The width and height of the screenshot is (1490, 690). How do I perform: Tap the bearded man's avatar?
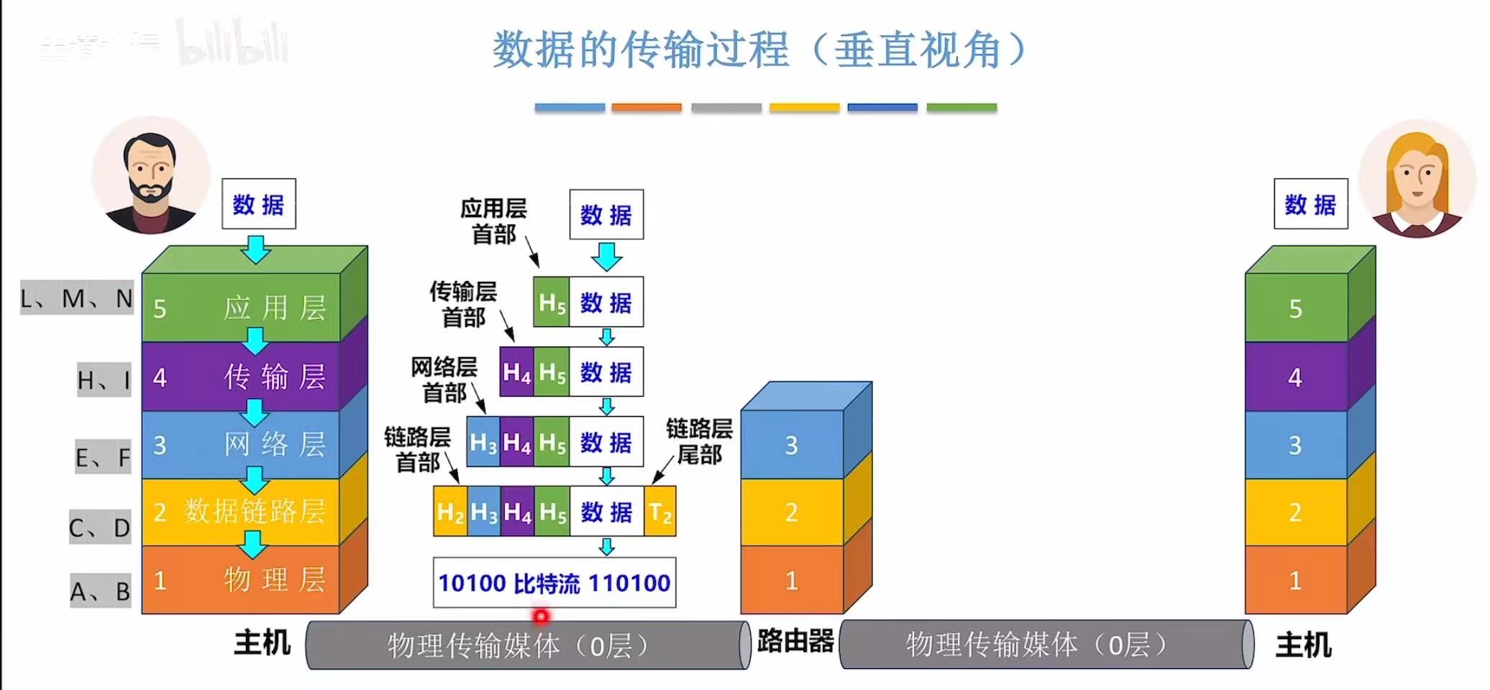pos(151,176)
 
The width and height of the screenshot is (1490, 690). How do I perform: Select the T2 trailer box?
pos(660,512)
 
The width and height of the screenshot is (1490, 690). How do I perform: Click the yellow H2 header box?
pos(450,512)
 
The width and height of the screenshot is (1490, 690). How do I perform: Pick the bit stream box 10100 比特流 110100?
pos(554,583)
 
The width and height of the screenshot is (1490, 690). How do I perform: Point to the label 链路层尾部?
pos(699,441)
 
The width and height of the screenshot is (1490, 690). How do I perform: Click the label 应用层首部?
pos(493,221)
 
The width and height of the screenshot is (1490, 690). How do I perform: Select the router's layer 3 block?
pos(792,445)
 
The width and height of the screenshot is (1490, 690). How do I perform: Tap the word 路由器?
pos(795,640)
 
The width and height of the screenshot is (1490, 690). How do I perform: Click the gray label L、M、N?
pos(77,298)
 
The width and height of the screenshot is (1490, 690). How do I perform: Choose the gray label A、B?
pos(101,591)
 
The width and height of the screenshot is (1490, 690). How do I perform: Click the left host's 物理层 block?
pos(241,580)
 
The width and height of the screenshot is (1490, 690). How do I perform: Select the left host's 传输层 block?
pos(241,377)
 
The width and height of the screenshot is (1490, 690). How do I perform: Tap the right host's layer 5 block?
pos(1296,308)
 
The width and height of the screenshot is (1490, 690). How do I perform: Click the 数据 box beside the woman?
pos(1310,204)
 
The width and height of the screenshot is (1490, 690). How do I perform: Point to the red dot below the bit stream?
pos(541,616)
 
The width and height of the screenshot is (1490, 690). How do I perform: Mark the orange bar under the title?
pos(646,108)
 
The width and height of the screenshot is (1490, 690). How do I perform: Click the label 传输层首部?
pos(463,304)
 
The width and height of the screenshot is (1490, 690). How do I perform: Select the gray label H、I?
pos(104,379)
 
